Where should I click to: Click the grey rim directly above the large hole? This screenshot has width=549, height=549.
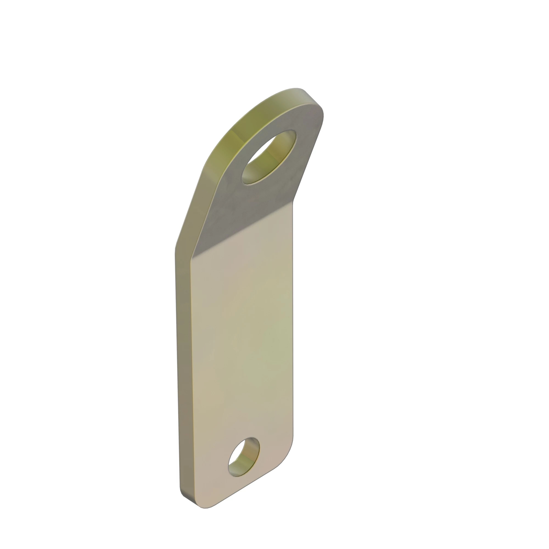[284, 122]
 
